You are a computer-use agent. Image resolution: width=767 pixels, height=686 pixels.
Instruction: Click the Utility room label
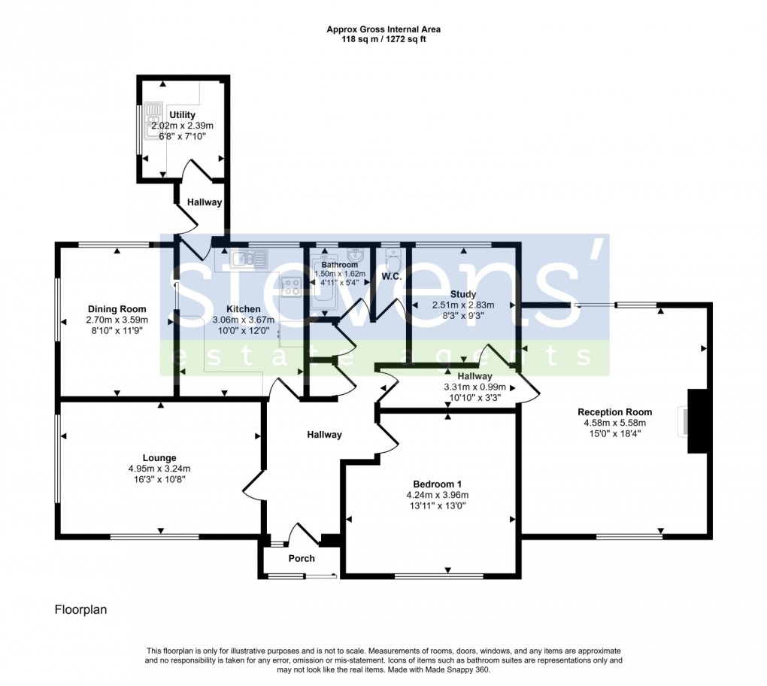pyautogui.click(x=182, y=115)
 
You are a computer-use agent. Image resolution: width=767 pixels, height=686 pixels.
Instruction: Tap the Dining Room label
pyautogui.click(x=117, y=309)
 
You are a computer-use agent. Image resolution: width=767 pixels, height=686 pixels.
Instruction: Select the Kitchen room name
pyautogui.click(x=244, y=309)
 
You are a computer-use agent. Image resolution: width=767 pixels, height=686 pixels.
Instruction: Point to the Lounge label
pyautogui.click(x=159, y=457)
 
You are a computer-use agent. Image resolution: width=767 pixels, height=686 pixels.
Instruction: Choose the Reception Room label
pyautogui.click(x=614, y=411)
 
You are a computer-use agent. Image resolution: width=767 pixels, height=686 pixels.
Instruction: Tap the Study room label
pyautogui.click(x=463, y=293)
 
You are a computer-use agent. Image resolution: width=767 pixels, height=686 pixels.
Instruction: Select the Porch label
pyautogui.click(x=302, y=558)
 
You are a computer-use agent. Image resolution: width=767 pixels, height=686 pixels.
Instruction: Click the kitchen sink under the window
pyautogui.click(x=249, y=260)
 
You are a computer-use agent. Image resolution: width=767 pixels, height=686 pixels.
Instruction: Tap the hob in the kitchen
pyautogui.click(x=291, y=285)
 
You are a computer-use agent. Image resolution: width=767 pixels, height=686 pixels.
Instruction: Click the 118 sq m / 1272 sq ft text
pyautogui.click(x=383, y=40)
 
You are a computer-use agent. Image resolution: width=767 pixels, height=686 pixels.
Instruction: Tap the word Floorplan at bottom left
pyautogui.click(x=80, y=609)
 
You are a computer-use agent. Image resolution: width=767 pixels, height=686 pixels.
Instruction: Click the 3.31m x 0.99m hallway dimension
pyautogui.click(x=474, y=387)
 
